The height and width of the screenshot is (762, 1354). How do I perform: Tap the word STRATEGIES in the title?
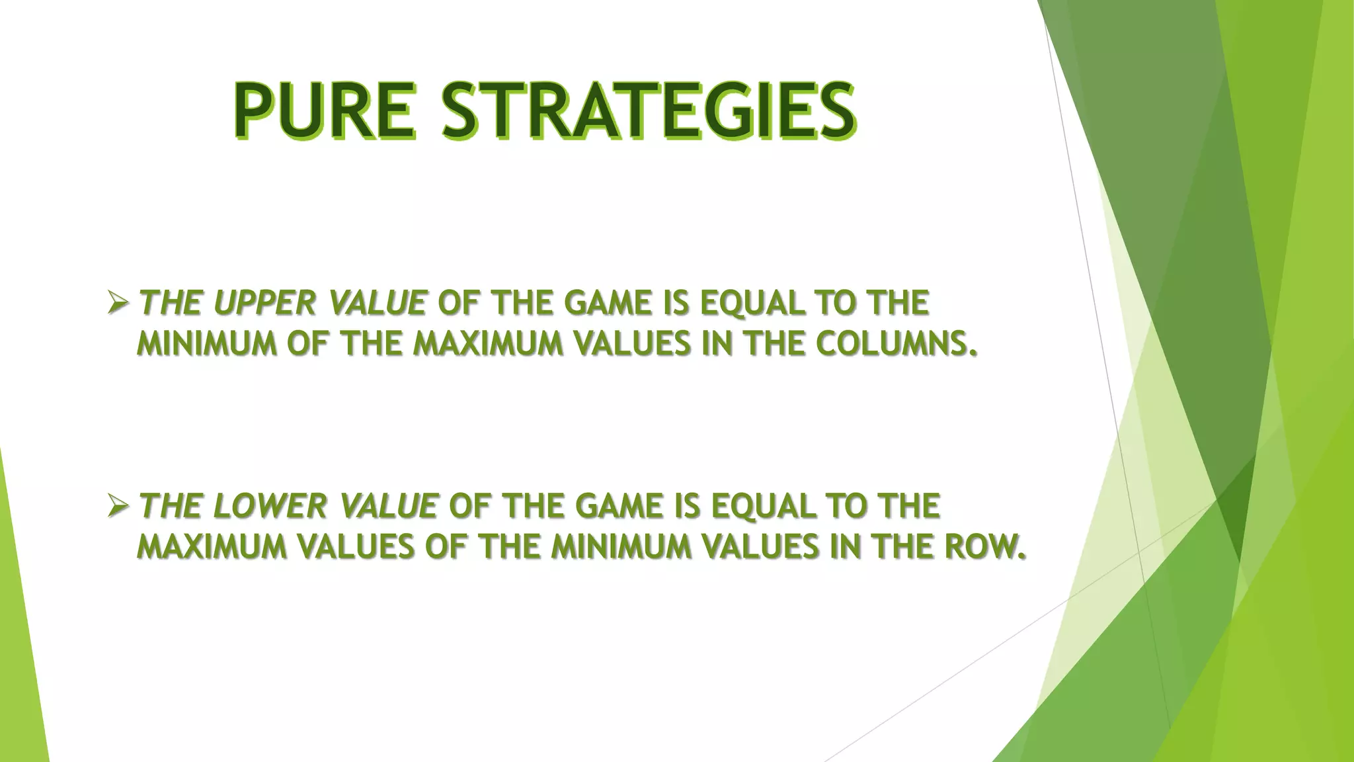(x=649, y=110)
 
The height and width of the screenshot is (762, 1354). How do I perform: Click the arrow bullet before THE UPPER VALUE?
(x=118, y=304)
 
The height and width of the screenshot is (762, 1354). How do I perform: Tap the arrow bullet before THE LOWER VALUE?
(x=118, y=507)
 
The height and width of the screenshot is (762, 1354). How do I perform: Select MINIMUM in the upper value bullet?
(x=206, y=344)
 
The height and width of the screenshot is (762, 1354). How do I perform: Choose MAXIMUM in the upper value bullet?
(x=489, y=344)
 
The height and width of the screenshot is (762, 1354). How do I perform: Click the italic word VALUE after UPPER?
(x=377, y=304)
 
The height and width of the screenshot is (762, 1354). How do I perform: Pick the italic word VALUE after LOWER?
(x=388, y=507)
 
